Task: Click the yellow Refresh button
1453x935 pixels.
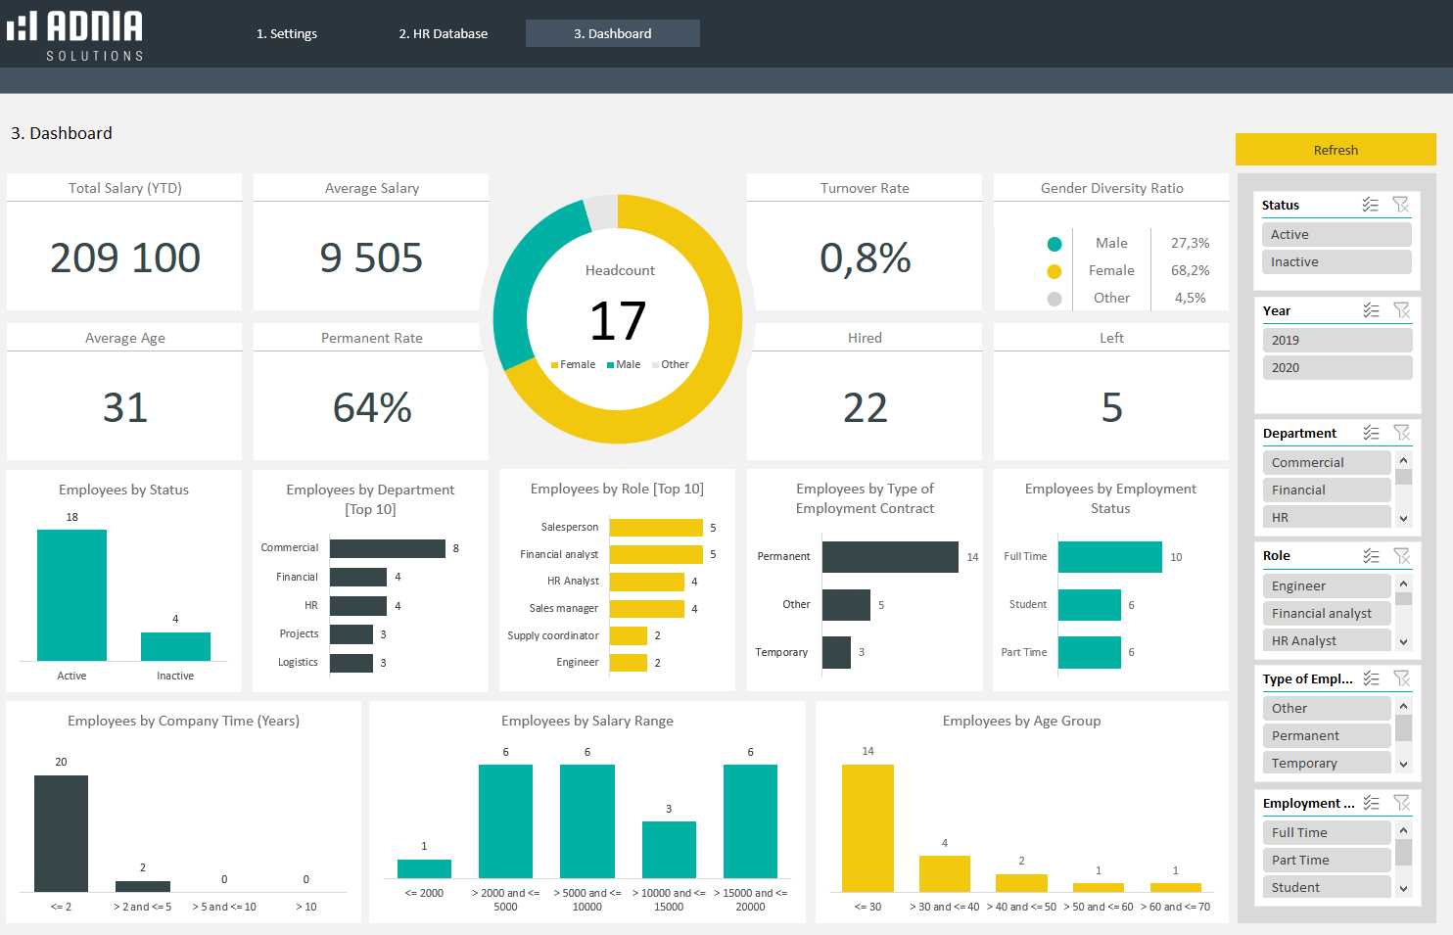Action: pos(1335,150)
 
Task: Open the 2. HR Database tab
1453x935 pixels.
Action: pos(443,33)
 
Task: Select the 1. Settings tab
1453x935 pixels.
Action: pos(287,33)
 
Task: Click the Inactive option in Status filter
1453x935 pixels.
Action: pos(1336,262)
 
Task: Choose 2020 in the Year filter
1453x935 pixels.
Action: pos(1336,368)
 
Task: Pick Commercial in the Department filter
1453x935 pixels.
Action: pos(1326,462)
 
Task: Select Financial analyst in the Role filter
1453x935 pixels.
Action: pos(1326,613)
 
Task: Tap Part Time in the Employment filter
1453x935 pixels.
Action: pos(1326,860)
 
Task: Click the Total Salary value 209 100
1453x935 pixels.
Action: pos(124,257)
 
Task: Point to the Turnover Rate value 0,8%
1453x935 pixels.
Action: pos(865,257)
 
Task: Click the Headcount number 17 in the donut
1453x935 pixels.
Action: pos(618,321)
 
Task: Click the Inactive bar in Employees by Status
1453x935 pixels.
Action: pos(175,646)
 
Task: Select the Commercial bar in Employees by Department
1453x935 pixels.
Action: pos(388,548)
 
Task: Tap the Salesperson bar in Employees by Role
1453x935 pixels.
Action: pos(656,528)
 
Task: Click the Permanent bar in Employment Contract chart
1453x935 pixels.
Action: pos(890,557)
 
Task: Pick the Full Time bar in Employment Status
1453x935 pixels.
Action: pos(1110,557)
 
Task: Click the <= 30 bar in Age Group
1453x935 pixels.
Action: pos(867,828)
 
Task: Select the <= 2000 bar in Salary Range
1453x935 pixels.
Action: pos(424,868)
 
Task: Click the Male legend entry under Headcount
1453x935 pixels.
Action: pos(624,364)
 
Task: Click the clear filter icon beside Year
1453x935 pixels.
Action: pos(1402,310)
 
